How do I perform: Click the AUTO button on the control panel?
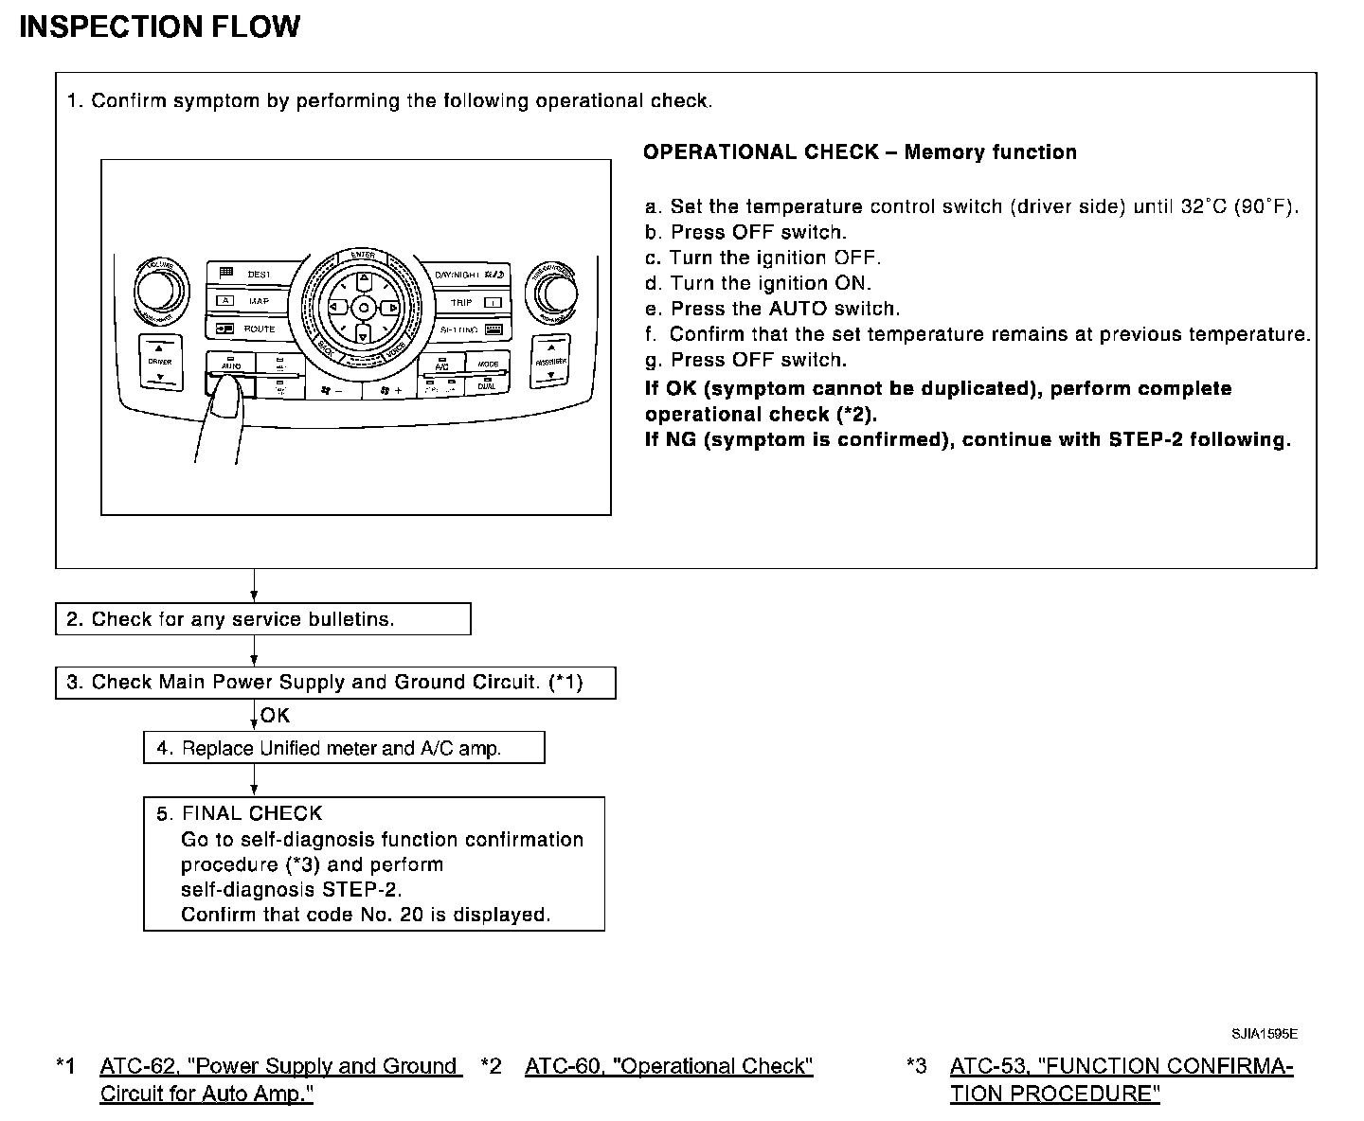pos(230,365)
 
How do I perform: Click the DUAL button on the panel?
pos(487,386)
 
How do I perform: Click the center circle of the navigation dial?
pos(363,308)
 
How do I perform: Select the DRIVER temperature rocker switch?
pos(159,363)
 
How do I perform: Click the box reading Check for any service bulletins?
pos(262,619)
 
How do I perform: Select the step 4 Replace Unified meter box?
pos(344,748)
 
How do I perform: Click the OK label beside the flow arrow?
pos(275,716)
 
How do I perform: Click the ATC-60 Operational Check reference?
pos(669,1066)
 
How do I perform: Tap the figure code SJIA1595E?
pos(1265,1034)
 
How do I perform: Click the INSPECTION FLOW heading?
pos(159,27)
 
